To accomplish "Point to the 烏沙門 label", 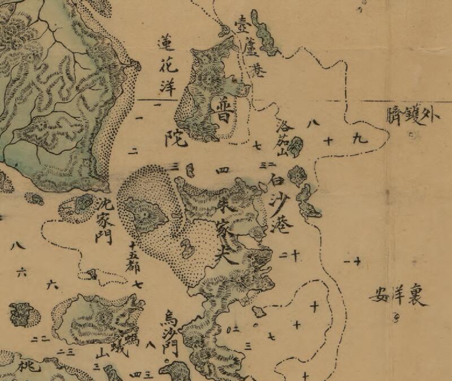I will coord(170,334).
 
